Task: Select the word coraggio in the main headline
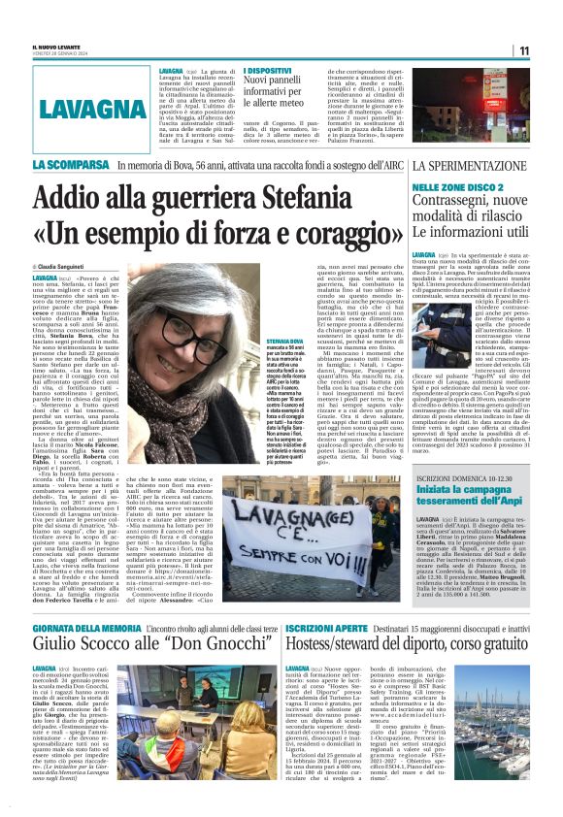coord(302,236)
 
